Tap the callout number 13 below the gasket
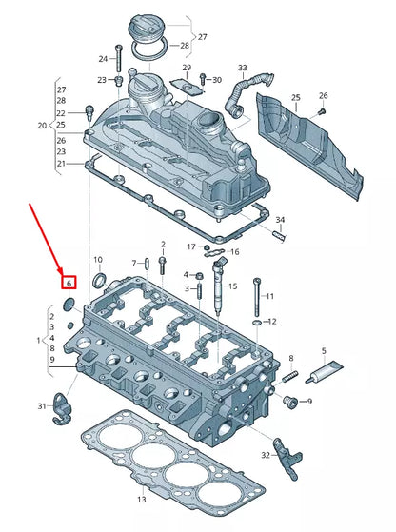(x=142, y=499)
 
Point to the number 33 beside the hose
(x=242, y=69)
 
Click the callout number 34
(x=280, y=221)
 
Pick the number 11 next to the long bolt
(x=269, y=296)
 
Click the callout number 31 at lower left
(x=41, y=406)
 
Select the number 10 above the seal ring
(x=98, y=260)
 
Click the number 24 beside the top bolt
(x=103, y=59)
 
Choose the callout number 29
(x=188, y=68)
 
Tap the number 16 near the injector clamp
(x=235, y=252)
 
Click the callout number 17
(x=191, y=247)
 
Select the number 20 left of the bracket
(x=41, y=126)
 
